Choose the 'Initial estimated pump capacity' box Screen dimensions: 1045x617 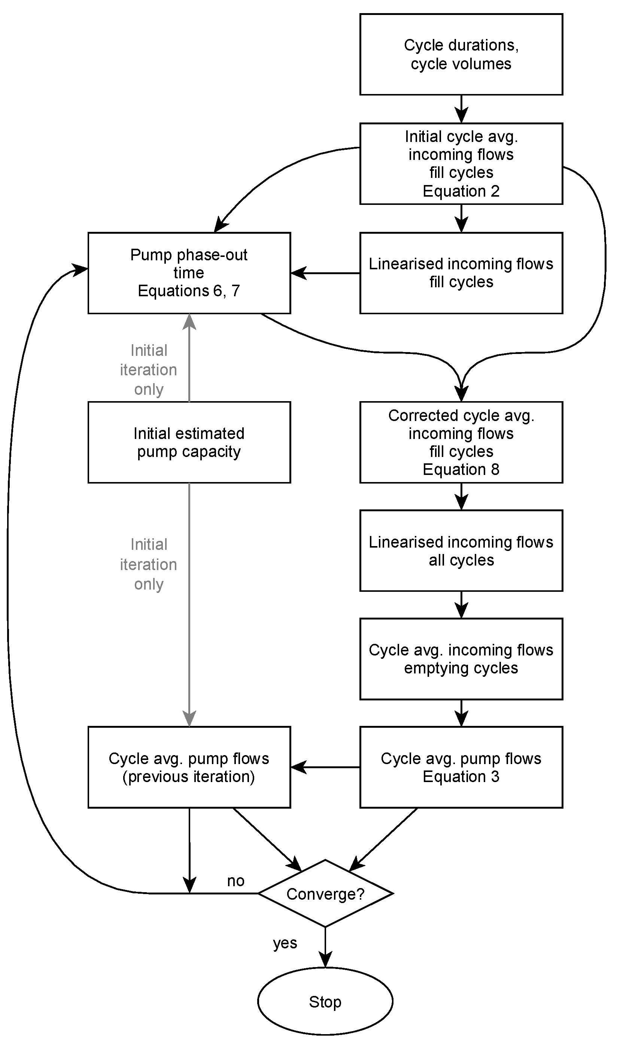[x=189, y=442]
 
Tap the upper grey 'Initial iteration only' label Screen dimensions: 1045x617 [x=148, y=370]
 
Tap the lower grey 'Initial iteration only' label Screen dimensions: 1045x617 [x=148, y=564]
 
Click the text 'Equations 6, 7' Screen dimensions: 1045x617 [x=189, y=291]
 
